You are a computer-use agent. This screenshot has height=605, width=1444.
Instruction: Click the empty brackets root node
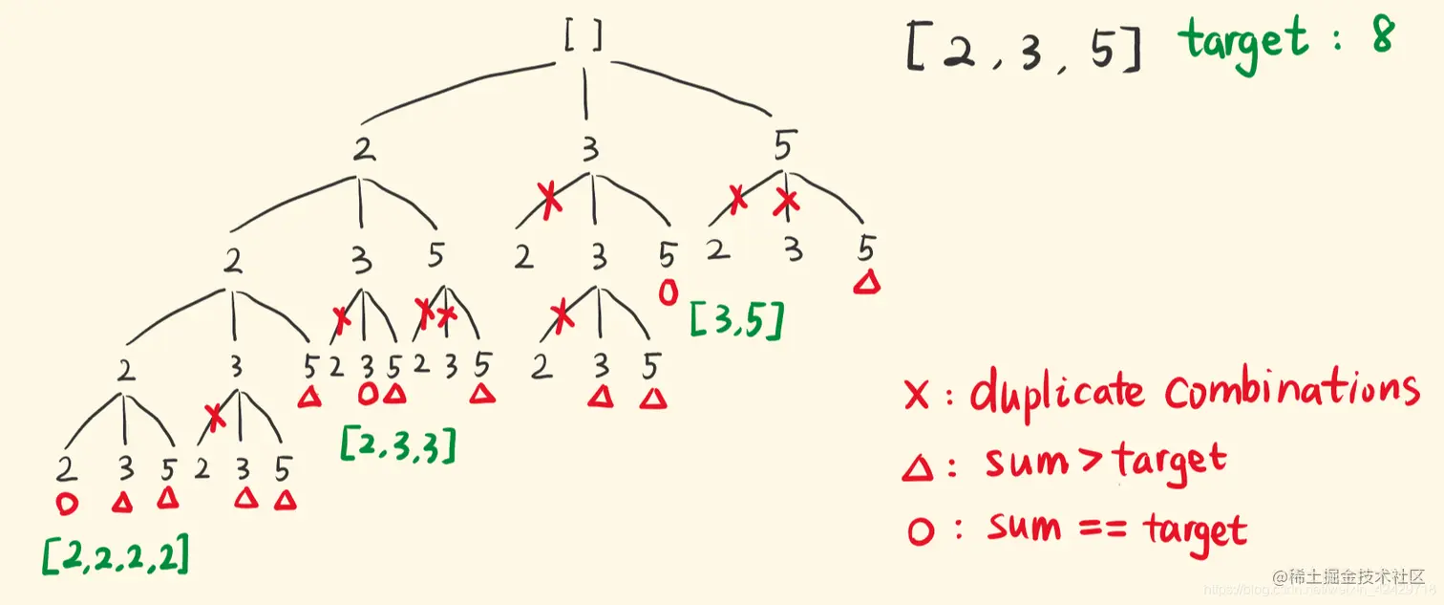point(584,36)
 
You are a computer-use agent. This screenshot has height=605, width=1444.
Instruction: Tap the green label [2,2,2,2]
point(116,553)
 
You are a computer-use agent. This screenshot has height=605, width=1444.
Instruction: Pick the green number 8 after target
point(1380,35)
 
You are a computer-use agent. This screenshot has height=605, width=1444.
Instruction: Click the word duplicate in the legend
point(1056,393)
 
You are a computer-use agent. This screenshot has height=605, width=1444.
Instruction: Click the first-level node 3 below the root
point(590,150)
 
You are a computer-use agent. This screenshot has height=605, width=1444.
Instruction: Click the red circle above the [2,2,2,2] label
point(67,503)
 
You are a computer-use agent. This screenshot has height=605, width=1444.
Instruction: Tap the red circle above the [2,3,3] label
point(368,393)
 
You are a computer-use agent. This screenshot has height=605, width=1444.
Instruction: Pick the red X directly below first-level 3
point(548,202)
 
